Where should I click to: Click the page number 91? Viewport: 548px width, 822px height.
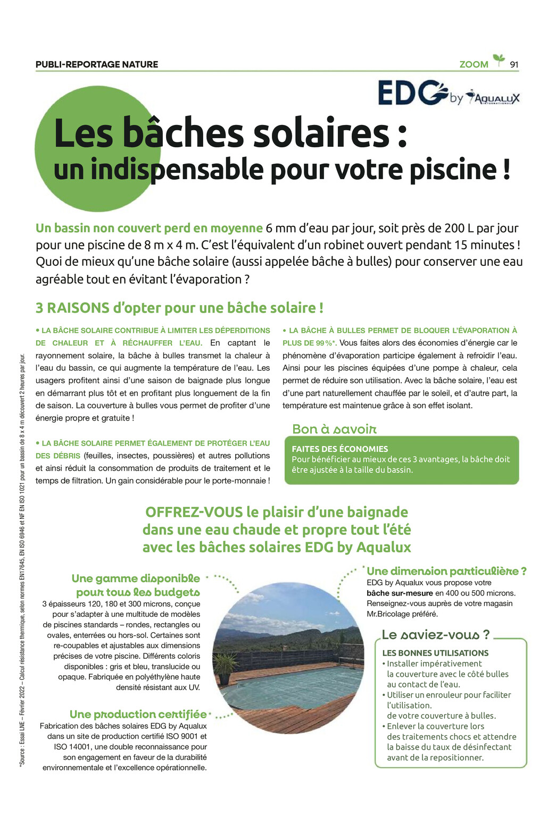(x=513, y=64)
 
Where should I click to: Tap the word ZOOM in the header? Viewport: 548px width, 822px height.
(x=474, y=64)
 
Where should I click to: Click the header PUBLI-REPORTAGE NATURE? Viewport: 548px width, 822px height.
(x=97, y=64)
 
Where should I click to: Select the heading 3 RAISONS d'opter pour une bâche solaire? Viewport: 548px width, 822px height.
(x=179, y=308)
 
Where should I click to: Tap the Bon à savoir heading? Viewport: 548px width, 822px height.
(x=334, y=429)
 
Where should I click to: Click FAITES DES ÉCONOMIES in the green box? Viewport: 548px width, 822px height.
(x=339, y=449)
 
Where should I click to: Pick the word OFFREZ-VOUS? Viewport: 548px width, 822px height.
(x=194, y=512)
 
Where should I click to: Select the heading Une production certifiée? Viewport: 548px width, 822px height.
(x=138, y=714)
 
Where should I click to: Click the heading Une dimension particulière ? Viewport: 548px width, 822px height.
(x=446, y=571)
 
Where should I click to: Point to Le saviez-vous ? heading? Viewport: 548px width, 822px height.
(x=435, y=634)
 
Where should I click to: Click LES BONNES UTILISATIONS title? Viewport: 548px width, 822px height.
(x=435, y=653)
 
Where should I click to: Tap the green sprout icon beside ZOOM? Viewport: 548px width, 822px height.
(x=499, y=60)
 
